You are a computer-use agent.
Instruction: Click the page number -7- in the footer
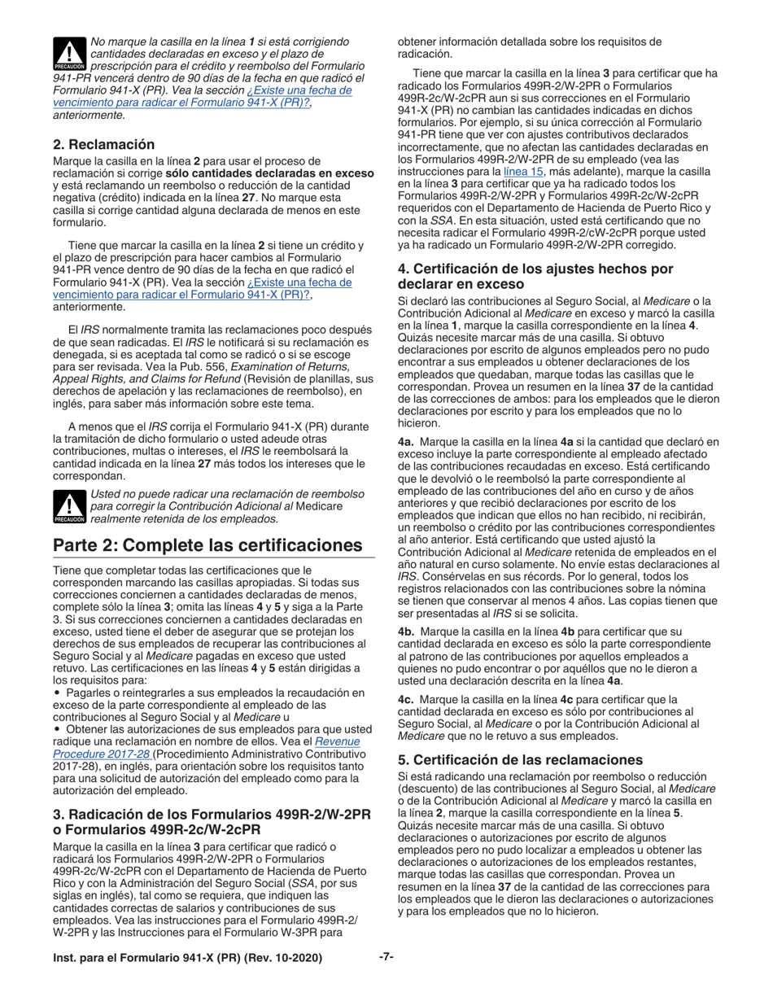pyautogui.click(x=386, y=958)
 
